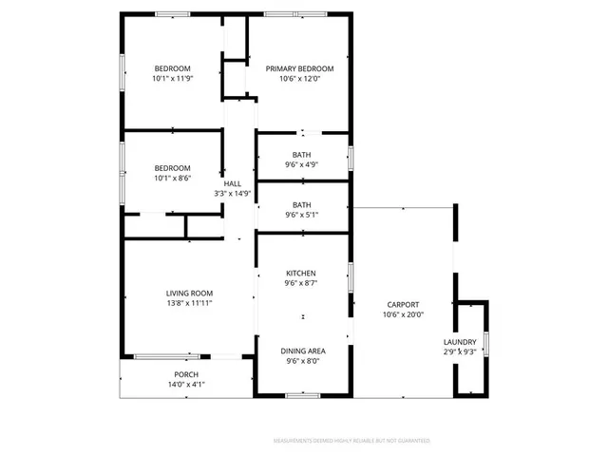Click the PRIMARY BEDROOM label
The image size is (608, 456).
click(299, 68)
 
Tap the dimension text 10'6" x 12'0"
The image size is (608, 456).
click(299, 80)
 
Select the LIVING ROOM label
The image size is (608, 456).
click(189, 293)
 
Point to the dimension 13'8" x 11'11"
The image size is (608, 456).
click(189, 304)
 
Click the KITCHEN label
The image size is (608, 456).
click(301, 273)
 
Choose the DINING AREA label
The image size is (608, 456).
click(301, 351)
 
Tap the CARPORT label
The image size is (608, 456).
click(403, 303)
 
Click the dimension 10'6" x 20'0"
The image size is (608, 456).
click(403, 314)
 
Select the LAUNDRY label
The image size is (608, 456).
click(460, 342)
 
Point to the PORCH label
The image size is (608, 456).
click(185, 374)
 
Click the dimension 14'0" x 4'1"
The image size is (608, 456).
click(185, 385)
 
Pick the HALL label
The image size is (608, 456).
click(232, 183)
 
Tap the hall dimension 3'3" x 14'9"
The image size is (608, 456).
click(232, 194)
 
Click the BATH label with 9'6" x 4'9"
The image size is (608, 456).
click(301, 154)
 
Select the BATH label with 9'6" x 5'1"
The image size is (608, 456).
click(301, 204)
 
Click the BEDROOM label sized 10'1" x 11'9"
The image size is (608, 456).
click(173, 68)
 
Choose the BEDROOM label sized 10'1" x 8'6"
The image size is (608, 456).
click(173, 167)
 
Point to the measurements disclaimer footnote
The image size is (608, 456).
click(351, 441)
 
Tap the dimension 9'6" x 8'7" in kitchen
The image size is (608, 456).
click(301, 283)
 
